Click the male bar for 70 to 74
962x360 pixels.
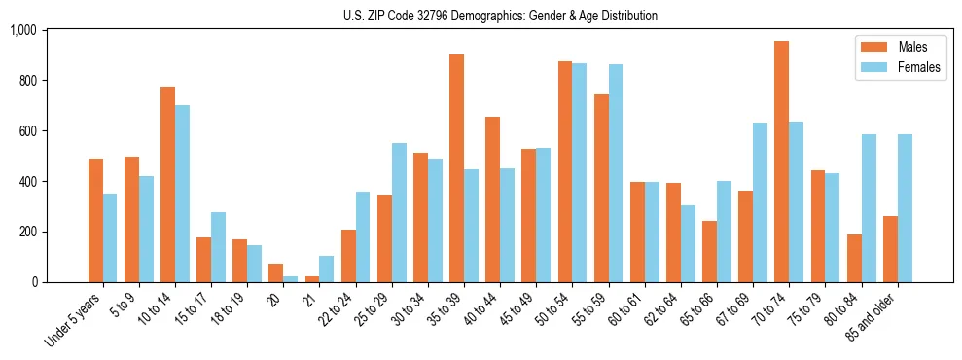(x=781, y=162)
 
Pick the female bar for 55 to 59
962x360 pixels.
(x=616, y=173)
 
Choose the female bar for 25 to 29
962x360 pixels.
(x=399, y=213)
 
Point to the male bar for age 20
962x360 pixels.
(x=276, y=273)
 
